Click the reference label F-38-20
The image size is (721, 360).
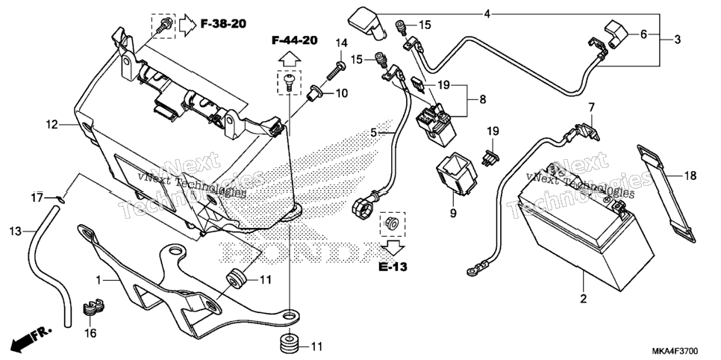[223, 24]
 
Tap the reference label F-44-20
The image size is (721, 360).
[294, 40]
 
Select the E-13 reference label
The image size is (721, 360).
[393, 267]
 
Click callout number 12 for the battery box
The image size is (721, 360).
[52, 124]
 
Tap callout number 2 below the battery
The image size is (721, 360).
[584, 299]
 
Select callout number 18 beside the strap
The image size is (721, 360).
[690, 176]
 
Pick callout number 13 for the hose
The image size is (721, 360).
[16, 231]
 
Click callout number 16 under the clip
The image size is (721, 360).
[92, 333]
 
